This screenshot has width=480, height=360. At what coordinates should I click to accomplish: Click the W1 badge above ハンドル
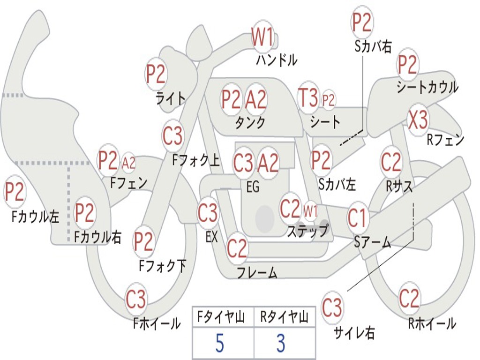coord(262,37)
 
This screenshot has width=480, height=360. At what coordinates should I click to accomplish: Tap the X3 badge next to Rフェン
coord(418,120)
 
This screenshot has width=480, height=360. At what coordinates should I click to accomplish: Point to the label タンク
coord(250,122)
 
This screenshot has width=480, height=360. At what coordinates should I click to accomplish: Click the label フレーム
coord(257,272)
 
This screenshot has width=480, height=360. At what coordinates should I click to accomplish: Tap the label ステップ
coord(307,231)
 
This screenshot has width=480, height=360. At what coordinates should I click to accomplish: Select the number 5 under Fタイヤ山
coord(219,344)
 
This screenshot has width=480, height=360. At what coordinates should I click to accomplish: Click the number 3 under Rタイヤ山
coord(281,344)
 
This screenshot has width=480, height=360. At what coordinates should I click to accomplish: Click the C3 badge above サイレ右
coord(332,308)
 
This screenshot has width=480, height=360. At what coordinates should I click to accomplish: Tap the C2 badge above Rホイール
coord(409,298)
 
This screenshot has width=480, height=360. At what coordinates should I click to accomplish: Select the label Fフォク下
coord(163,266)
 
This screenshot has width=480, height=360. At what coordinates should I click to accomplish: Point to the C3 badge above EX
coord(208,213)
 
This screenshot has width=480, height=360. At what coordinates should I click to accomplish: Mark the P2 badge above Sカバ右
coord(362,22)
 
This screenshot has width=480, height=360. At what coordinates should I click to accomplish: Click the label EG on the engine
coord(253,187)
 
